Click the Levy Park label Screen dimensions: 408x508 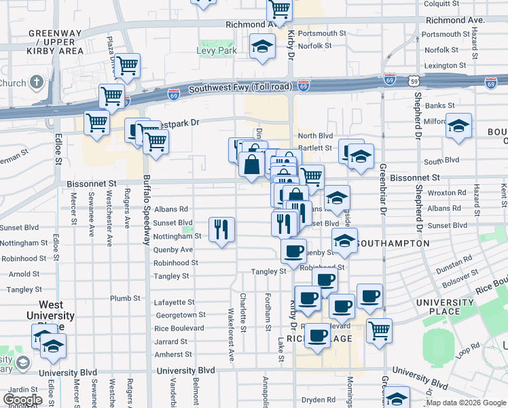pos(217,50)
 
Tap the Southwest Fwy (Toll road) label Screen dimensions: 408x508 pos(240,88)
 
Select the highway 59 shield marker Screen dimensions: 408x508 pos(414,81)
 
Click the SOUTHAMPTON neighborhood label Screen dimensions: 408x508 pos(393,243)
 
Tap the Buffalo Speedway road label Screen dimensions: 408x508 pos(146,211)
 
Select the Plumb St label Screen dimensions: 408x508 pos(125,298)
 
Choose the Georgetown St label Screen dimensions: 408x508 pos(181,315)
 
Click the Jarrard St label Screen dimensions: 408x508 pos(170,341)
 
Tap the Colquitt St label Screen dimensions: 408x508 pos(441,3)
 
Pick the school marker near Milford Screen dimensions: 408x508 pos(459,126)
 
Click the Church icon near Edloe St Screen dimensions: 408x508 pos(37,83)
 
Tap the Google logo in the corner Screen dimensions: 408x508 pos(23,399)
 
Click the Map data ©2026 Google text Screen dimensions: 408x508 pos(465,403)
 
